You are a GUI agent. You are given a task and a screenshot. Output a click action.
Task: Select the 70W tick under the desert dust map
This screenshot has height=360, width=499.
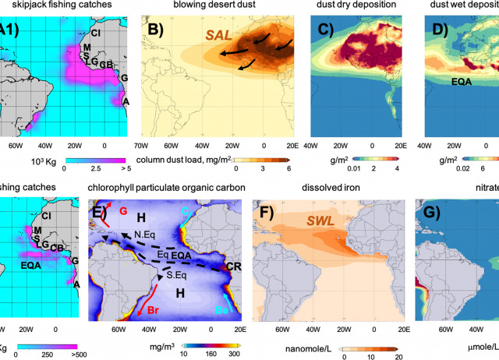coord(142,145)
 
